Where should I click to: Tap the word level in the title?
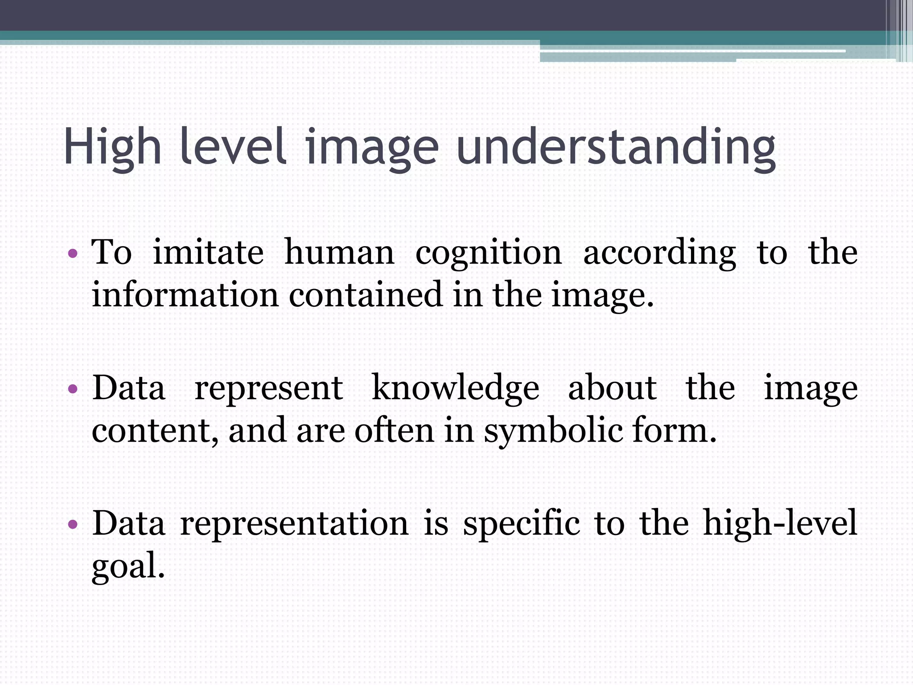pyautogui.click(x=233, y=146)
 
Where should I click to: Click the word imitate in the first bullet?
pyautogui.click(x=208, y=252)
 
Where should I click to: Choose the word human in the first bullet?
pyautogui.click(x=339, y=252)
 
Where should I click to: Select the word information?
pyautogui.click(x=185, y=295)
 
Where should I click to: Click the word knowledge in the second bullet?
pyautogui.click(x=455, y=388)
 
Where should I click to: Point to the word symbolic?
pyautogui.click(x=553, y=432)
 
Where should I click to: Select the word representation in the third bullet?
pyautogui.click(x=294, y=524)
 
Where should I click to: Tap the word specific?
pyautogui.click(x=521, y=524)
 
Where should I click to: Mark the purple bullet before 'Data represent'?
pyautogui.click(x=74, y=390)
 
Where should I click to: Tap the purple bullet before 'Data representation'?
pyautogui.click(x=74, y=524)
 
